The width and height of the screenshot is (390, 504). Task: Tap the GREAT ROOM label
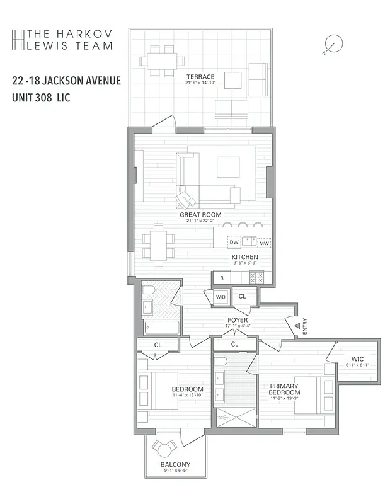pos(200,214)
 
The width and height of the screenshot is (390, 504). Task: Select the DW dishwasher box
pos(234,242)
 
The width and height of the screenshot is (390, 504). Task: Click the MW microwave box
pos(264,243)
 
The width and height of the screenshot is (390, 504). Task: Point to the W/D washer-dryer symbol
pos(221,295)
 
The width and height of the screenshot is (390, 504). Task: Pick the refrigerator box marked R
pos(221,277)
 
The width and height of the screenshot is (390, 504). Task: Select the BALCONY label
pos(175,465)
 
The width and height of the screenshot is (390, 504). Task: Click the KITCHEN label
pos(244,257)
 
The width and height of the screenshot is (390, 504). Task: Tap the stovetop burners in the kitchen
pos(257,277)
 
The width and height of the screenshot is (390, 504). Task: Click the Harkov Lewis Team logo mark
pos(18,39)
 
